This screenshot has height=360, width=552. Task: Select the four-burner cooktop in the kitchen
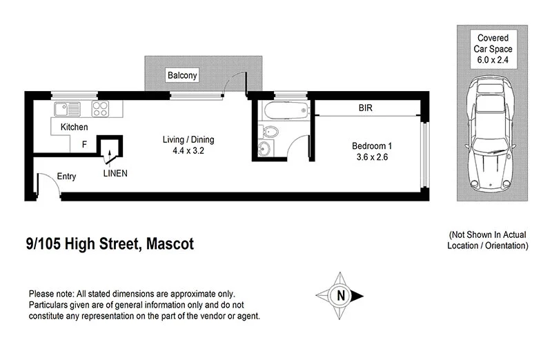pos(101,108)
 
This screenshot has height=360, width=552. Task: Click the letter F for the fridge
pos(84,145)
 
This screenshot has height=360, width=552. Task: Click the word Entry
pos(66,177)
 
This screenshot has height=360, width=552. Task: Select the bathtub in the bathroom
pos(283,110)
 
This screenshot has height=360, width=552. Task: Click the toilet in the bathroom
pos(270,132)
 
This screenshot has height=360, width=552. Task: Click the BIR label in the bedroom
pos(366,108)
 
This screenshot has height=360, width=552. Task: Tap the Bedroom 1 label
pos(372,146)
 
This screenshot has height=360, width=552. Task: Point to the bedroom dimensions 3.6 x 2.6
pos(372,157)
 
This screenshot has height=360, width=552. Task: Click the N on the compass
pos(339,296)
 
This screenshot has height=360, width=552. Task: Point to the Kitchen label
pos(75,127)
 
